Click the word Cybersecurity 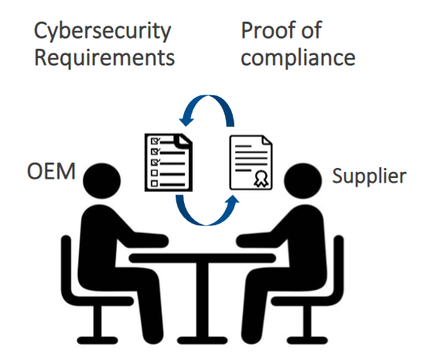tap(103, 32)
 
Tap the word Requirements tap(104, 57)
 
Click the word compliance tap(298, 58)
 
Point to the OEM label tap(51, 171)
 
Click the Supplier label tap(369, 177)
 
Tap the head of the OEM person tap(102, 181)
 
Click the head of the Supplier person tap(302, 181)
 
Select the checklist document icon tap(169, 163)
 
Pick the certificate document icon tap(251, 163)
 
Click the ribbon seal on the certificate tap(261, 179)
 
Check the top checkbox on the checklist tap(155, 141)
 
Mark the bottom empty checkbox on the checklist tap(155, 183)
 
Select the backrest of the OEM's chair tap(66, 266)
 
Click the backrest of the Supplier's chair tap(339, 266)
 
